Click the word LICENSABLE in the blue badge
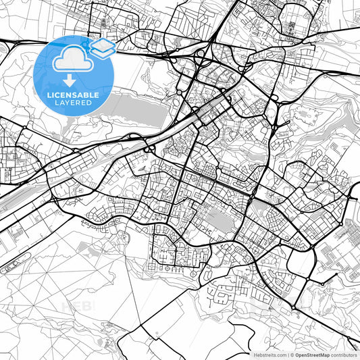pyautogui.click(x=74, y=95)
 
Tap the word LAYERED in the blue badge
pyautogui.click(x=74, y=103)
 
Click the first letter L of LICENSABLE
pyautogui.click(x=48, y=95)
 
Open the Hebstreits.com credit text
pyautogui.click(x=268, y=355)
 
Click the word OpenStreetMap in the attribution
pyautogui.click(x=313, y=355)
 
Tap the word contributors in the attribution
pyautogui.click(x=344, y=355)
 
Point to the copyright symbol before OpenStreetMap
pyautogui.click(x=292, y=355)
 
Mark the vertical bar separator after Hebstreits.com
pyautogui.click(x=288, y=355)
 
